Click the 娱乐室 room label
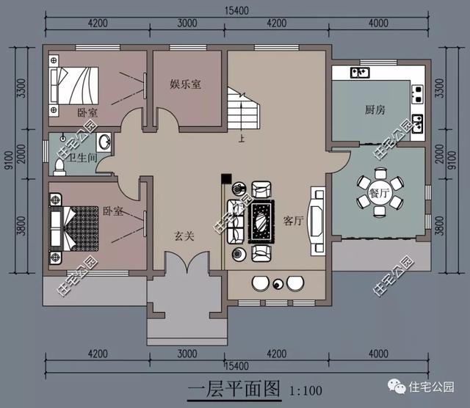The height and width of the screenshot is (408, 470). click(185, 84)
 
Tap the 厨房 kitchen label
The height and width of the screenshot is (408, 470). click(375, 110)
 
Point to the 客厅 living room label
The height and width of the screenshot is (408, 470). click(293, 221)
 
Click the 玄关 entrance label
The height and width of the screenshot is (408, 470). click(184, 236)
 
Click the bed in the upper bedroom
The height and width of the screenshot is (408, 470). click(72, 86)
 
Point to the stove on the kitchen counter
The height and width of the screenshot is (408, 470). click(417, 92)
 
